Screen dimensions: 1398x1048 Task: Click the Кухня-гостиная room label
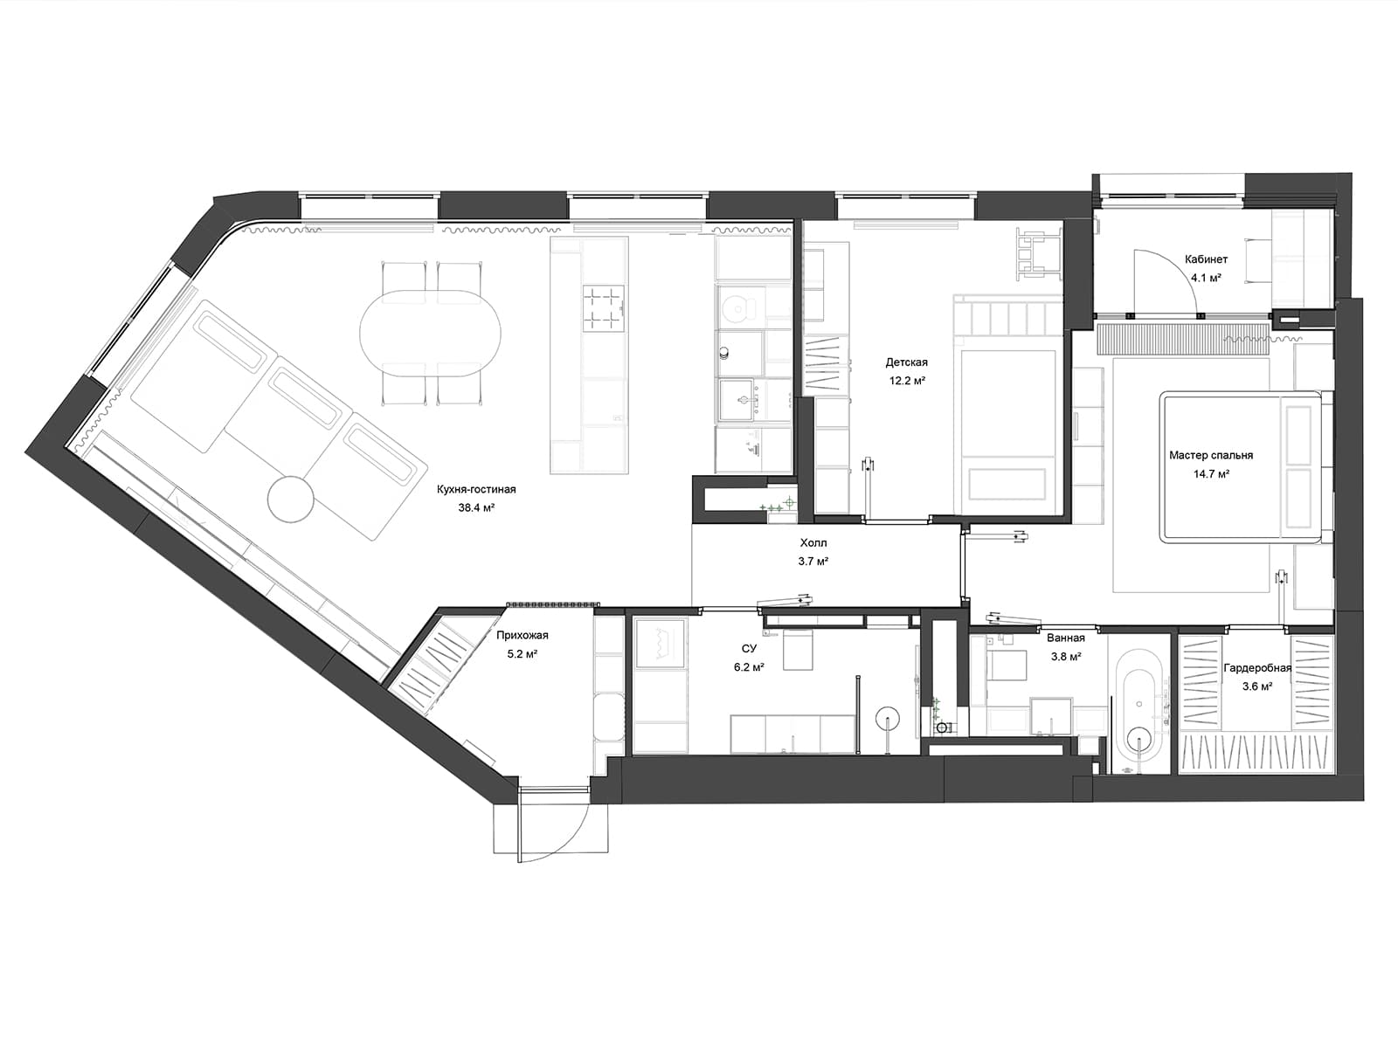pyautogui.click(x=476, y=489)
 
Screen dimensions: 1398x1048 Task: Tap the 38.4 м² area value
pyautogui.click(x=476, y=507)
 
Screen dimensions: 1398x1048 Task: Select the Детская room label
pyautogui.click(x=906, y=362)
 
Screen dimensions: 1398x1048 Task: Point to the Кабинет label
pyautogui.click(x=1207, y=259)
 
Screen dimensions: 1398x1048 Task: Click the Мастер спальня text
pyautogui.click(x=1211, y=455)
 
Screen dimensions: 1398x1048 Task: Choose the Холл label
pyautogui.click(x=813, y=542)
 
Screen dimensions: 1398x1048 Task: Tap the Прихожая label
pyautogui.click(x=523, y=635)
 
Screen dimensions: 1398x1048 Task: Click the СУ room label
pyautogui.click(x=749, y=648)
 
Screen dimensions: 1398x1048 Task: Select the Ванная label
pyautogui.click(x=1065, y=638)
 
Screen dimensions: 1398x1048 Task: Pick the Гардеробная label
pyautogui.click(x=1257, y=668)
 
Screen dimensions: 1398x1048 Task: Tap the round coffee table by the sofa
pyautogui.click(x=290, y=499)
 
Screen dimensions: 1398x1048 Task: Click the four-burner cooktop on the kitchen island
pyautogui.click(x=603, y=308)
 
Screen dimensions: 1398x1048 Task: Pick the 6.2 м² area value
pyautogui.click(x=749, y=667)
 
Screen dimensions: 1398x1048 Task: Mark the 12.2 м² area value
pyautogui.click(x=907, y=381)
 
